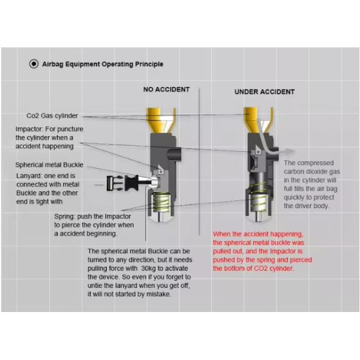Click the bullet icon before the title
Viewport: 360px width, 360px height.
(34, 64)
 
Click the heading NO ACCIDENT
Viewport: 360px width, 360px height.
(166, 89)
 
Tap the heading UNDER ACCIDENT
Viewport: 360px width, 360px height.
(265, 92)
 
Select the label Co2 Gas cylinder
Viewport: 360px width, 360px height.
(52, 116)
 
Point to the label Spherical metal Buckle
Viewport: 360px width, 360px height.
(49, 165)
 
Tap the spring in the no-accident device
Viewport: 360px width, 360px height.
(161, 203)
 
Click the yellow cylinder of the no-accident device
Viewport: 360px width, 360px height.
(161, 120)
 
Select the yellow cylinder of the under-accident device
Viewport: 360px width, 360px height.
(258, 120)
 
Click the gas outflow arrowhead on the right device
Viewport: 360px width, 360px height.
(290, 151)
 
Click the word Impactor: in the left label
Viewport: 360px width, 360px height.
(29, 129)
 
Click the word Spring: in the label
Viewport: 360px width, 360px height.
(65, 217)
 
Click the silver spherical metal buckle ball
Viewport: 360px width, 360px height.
(154, 182)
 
